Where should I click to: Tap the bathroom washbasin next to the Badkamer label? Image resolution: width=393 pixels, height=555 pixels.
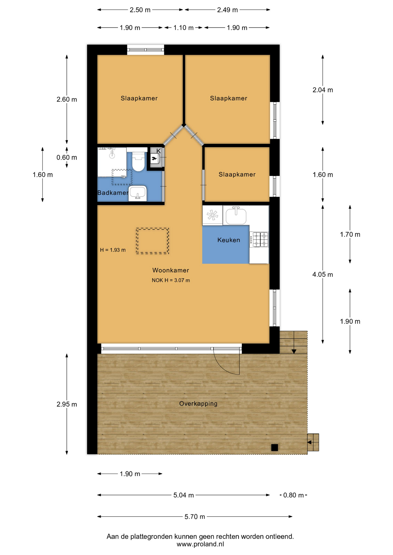point(137,193)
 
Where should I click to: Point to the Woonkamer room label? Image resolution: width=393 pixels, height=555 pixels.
point(170,270)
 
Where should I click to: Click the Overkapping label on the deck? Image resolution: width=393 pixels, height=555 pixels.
point(198,404)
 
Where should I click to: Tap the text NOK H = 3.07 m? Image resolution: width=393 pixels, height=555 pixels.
point(171,280)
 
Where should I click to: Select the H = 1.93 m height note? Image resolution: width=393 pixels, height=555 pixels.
point(113,250)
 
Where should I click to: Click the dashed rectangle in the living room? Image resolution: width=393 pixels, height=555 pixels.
point(153,241)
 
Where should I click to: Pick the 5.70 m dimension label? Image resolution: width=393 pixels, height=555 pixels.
point(194,517)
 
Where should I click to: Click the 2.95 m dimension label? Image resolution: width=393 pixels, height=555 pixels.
point(67,404)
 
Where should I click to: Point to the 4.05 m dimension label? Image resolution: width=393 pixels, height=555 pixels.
point(322,274)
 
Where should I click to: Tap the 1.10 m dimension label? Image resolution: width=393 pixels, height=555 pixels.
point(183,28)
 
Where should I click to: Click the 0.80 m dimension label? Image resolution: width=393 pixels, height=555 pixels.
point(293,495)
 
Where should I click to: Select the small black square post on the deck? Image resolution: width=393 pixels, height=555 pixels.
point(274,447)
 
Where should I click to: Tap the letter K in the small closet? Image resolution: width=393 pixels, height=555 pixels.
point(158,151)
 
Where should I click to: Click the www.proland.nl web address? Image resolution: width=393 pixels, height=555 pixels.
point(200,544)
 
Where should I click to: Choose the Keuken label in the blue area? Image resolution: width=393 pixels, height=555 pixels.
point(229,240)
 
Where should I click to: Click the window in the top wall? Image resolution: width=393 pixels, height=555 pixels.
point(146,50)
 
